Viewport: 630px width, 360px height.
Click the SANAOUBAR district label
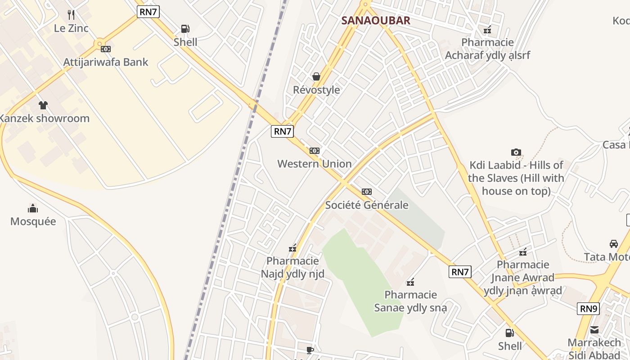[376, 21]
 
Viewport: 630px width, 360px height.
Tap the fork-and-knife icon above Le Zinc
[71, 15]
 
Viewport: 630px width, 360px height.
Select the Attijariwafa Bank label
[106, 62]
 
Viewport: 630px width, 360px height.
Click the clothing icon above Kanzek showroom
[43, 105]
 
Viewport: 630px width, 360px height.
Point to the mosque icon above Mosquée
[33, 208]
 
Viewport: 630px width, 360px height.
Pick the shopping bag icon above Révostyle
[316, 76]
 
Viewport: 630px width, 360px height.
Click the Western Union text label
[315, 164]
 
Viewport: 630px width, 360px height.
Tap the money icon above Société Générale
[367, 192]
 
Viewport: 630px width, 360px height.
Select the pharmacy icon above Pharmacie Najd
[292, 248]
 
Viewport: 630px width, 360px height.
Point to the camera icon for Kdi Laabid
[516, 153]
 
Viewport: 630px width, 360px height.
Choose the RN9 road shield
[589, 309]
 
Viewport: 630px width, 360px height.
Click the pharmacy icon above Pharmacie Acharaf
[487, 30]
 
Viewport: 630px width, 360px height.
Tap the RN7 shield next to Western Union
[283, 131]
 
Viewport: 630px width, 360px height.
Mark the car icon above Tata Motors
[614, 244]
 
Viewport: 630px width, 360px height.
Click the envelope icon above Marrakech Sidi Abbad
[594, 330]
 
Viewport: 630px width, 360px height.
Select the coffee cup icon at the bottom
[310, 350]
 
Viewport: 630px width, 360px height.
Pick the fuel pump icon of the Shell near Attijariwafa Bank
[185, 29]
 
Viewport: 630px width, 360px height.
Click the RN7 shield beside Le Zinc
[148, 12]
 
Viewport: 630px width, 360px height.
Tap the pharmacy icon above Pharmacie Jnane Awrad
[523, 252]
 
